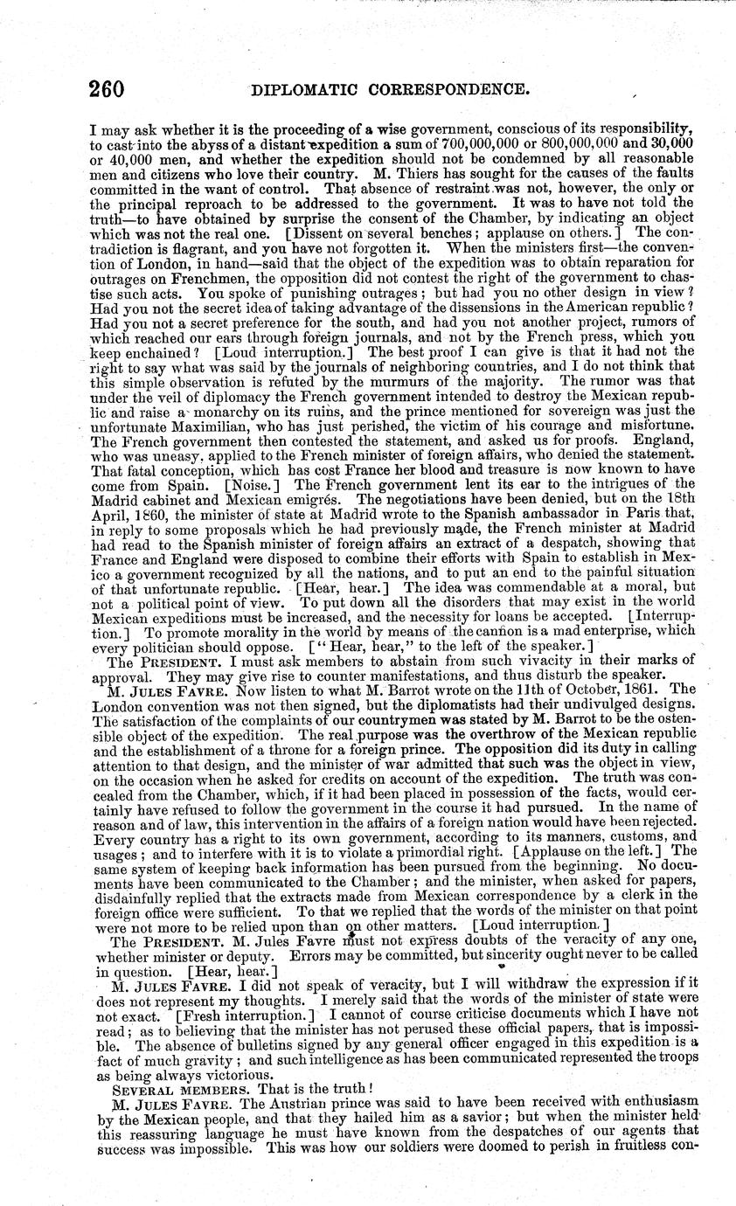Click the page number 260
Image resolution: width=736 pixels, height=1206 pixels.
[107, 87]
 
